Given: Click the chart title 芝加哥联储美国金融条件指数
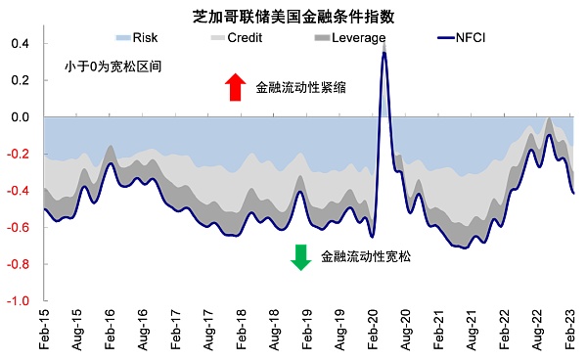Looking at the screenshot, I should click(293, 16).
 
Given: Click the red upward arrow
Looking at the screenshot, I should click(235, 87).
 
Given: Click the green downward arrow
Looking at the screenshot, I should click(301, 256).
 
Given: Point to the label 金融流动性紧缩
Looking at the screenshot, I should click(302, 87).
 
